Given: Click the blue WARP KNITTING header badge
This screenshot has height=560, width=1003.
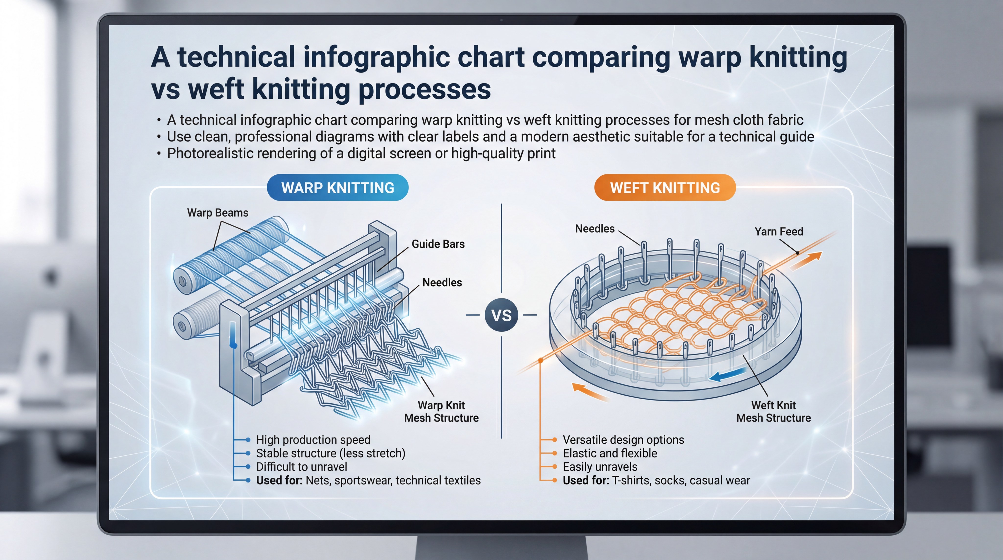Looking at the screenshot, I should [338, 188].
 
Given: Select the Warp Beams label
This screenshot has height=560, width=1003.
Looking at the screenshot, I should [218, 213].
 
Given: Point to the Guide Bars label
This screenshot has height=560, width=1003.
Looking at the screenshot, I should [438, 244].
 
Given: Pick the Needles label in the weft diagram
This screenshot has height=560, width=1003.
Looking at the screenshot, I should [595, 229].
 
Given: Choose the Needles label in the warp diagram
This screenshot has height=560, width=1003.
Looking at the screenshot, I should [442, 282].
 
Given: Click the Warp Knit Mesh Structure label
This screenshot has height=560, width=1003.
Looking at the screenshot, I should [441, 412].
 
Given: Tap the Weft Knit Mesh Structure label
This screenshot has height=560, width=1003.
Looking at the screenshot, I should [773, 412].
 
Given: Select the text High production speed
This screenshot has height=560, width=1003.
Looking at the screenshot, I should [313, 440].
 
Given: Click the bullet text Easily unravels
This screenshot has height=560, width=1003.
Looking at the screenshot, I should [600, 466].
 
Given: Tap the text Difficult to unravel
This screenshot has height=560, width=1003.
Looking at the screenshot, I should [301, 466].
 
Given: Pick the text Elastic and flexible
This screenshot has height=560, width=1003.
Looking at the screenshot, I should [610, 453].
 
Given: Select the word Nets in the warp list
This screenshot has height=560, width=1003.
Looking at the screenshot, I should [318, 480].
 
